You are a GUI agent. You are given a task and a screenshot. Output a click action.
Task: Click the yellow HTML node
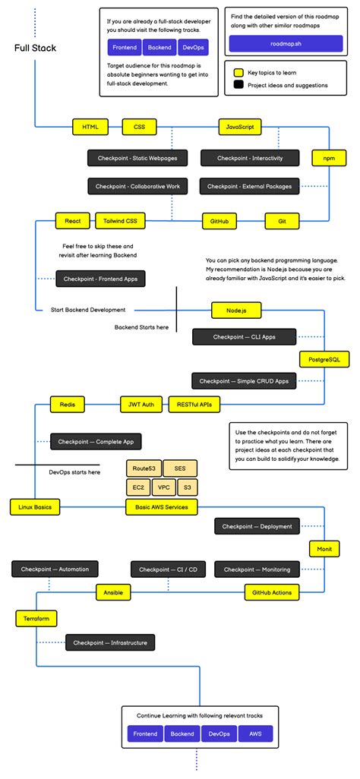90,127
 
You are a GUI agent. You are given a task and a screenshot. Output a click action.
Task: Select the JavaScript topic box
239,127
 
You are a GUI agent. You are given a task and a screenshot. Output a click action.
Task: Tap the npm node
329,158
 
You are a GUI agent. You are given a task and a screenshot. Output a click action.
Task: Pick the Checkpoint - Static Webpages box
134,158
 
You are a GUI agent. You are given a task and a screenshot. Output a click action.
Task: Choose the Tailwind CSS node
121,221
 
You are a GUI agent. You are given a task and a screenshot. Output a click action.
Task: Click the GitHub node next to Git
219,221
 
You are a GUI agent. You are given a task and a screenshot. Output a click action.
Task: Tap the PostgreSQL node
324,358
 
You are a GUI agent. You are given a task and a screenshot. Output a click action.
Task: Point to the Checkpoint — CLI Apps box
244,336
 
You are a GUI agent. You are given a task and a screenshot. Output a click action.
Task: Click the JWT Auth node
141,405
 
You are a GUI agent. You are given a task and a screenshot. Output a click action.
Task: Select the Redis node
68,405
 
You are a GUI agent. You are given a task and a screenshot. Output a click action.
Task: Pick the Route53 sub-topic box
143,468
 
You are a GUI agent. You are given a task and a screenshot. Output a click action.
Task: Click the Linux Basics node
36,506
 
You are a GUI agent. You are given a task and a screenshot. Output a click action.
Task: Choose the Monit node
324,547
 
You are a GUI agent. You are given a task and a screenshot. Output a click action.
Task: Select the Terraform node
36,619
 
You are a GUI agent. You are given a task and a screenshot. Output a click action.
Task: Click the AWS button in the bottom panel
255,734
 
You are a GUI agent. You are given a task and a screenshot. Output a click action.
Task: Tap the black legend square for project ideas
238,85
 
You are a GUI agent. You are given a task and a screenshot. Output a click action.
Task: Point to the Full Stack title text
35,49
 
